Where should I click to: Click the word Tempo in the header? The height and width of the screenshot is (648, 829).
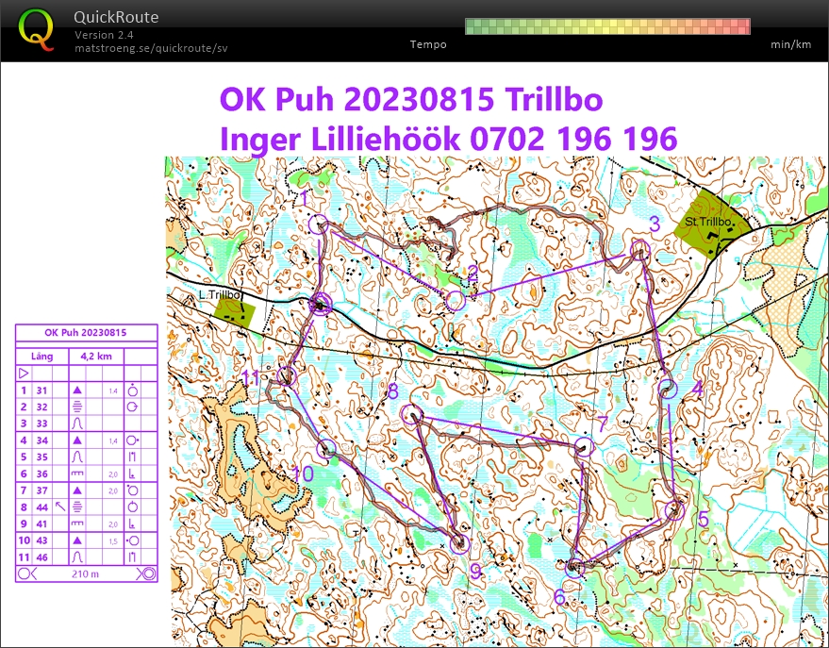point(428,44)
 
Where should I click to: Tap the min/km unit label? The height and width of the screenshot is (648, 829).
point(790,44)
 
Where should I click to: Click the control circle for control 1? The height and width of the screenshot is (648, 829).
point(318,224)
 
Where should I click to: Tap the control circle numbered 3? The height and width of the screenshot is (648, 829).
point(640,250)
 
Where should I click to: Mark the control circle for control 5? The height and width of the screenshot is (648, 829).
point(674,510)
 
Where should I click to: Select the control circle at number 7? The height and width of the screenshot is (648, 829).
point(582,447)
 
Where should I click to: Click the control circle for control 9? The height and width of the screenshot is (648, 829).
point(460,542)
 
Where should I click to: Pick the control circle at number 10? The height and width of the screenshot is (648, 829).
point(326,449)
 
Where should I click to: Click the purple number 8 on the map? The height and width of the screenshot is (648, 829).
point(392,391)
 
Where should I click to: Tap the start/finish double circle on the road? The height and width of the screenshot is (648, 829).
point(322,304)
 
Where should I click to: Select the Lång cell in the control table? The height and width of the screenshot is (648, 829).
point(41,357)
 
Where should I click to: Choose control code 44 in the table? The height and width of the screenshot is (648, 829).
point(41,507)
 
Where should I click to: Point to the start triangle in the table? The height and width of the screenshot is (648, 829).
point(25,374)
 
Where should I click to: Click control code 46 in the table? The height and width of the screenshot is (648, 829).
point(41,557)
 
